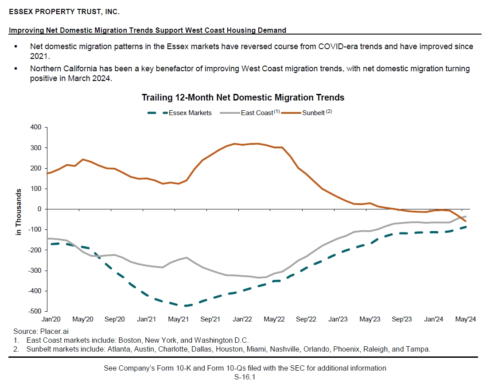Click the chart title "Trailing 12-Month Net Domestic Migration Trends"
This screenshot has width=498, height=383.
click(243, 97)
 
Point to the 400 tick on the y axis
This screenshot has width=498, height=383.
click(36, 128)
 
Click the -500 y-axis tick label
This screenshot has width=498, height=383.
click(34, 311)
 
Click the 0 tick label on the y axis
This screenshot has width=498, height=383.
click(39, 209)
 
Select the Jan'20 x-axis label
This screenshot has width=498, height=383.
click(51, 319)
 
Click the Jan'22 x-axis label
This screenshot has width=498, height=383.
click(242, 319)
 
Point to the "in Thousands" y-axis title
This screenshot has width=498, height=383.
click(19, 212)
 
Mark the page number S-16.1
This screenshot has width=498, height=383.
click(245, 377)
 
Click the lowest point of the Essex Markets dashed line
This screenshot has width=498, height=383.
click(185, 306)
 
